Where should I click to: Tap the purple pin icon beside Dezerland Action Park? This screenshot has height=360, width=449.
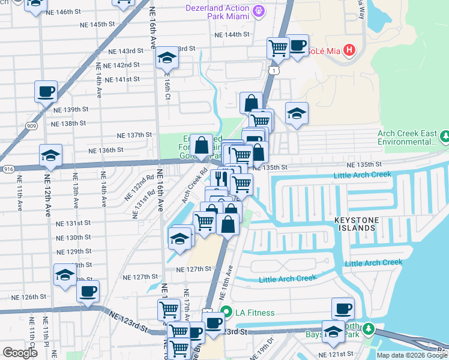point(259,10)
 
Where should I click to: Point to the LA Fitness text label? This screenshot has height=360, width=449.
point(255,313)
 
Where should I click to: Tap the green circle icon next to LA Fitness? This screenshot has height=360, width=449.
point(226,312)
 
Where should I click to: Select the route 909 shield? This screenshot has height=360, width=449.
point(32,127)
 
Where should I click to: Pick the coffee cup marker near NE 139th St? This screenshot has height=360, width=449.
point(46,92)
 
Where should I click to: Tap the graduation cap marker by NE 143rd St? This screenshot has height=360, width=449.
point(166,57)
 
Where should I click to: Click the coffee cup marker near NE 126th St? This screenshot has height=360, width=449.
point(88,292)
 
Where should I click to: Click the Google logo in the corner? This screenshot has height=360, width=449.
point(20,353)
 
